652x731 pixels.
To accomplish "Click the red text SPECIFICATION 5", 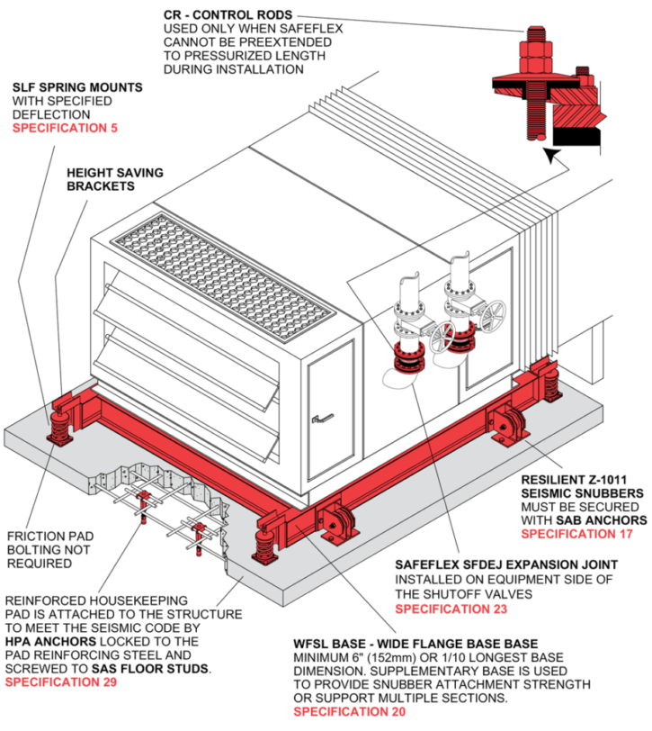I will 64,129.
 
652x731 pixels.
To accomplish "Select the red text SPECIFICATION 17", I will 576,534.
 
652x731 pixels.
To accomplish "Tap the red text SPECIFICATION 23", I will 451,609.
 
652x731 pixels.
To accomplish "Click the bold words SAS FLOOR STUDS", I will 166,670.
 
